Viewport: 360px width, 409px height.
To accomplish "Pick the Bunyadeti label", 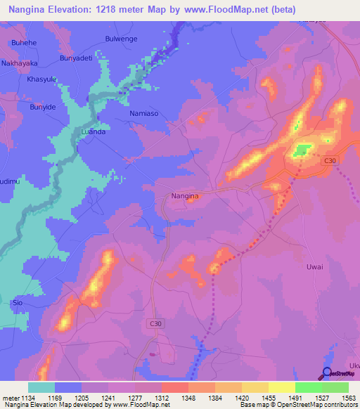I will pos(77,58).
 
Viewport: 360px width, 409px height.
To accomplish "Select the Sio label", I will pos(18,303).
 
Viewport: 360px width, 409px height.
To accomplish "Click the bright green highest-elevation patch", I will pos(302,150).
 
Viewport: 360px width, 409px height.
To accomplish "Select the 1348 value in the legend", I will pos(188,398).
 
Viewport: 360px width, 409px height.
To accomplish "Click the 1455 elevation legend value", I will pos(268,398).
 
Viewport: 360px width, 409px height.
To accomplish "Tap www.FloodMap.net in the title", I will pos(232,9).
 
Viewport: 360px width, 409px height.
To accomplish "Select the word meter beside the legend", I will pos(9,398).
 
